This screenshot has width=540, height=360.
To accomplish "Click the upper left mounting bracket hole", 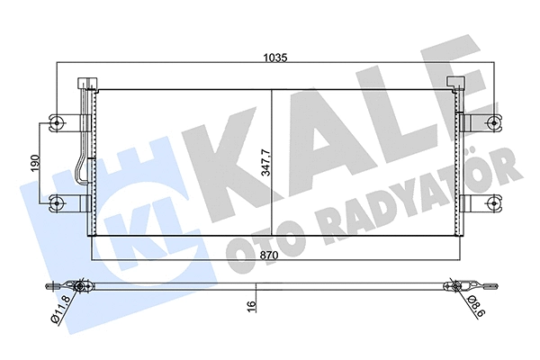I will (x=58, y=122).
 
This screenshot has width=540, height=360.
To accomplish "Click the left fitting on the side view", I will (x=80, y=288).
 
